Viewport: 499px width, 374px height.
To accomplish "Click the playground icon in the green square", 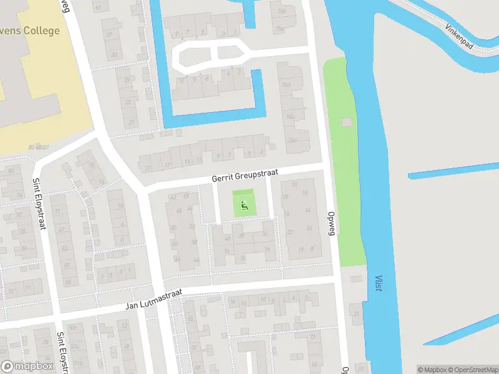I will [x=245, y=204].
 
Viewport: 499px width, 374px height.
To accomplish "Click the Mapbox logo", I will [x=27, y=367].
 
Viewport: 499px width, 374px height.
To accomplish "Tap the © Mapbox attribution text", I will [x=431, y=370].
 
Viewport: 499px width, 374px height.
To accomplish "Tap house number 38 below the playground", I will [x=241, y=235].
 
